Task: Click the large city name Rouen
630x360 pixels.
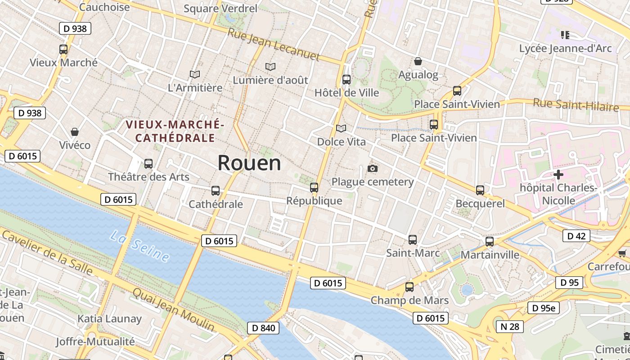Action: (x=249, y=163)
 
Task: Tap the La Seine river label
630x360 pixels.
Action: (x=140, y=246)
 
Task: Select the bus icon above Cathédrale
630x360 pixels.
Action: (x=216, y=191)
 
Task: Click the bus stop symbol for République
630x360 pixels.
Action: (x=314, y=188)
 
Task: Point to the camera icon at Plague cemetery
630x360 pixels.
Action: (x=372, y=169)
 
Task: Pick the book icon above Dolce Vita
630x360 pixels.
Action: (x=342, y=129)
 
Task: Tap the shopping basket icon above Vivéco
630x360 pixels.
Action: (x=75, y=132)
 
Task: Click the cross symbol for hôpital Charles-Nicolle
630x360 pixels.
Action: (x=558, y=175)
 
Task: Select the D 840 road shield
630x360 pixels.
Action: (x=263, y=328)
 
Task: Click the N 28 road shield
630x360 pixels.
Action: (x=510, y=326)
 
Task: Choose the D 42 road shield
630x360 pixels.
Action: (x=576, y=236)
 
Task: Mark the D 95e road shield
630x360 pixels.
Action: (x=543, y=308)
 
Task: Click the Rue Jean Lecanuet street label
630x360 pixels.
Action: (x=274, y=44)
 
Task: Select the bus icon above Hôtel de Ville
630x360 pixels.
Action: (x=346, y=80)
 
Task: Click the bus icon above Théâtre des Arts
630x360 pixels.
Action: (x=148, y=164)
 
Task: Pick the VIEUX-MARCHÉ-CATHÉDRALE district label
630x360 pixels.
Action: (x=175, y=131)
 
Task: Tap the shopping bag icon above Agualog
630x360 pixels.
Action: (x=418, y=61)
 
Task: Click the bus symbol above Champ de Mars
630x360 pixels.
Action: (x=409, y=287)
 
